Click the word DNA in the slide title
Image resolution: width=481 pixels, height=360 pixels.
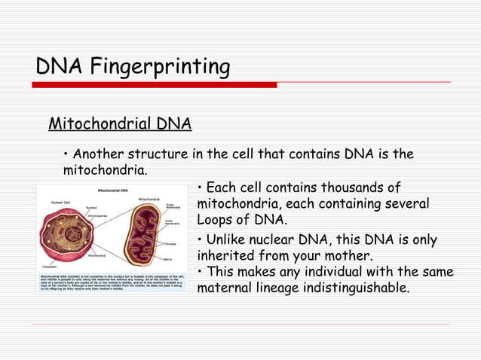(x=60, y=68)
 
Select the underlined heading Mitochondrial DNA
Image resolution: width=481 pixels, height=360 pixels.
(x=119, y=124)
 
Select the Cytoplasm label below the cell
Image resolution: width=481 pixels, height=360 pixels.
(x=50, y=265)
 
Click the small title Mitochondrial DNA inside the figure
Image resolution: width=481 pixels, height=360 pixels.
(x=110, y=190)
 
